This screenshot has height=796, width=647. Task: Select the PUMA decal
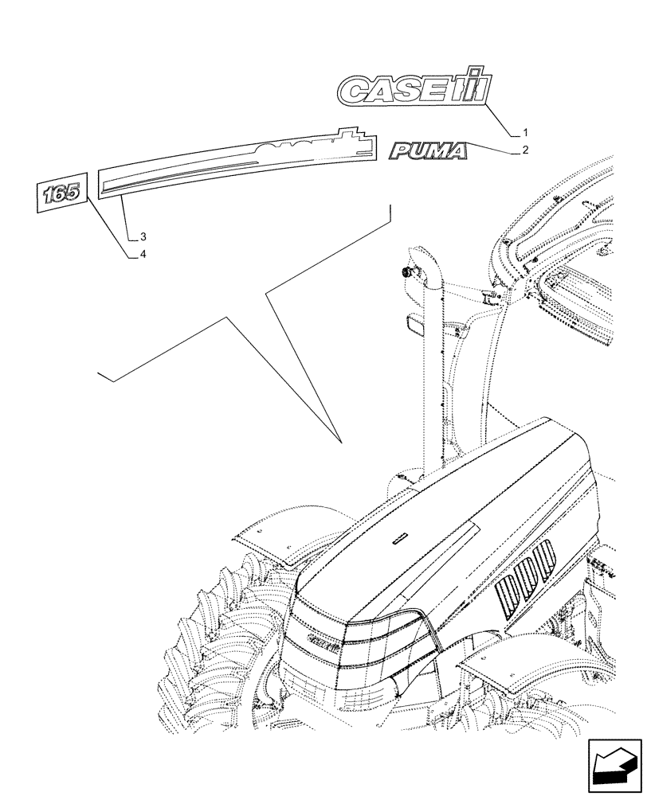click(427, 151)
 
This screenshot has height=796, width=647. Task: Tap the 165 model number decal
click(61, 194)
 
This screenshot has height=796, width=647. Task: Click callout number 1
click(526, 131)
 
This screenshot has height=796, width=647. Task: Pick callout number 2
click(526, 150)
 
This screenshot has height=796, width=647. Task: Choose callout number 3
click(143, 236)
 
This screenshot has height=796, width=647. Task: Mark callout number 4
click(143, 254)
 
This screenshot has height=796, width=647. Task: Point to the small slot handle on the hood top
click(398, 540)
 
